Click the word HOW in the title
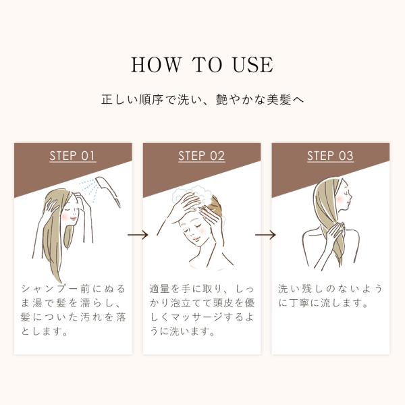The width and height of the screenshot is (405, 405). coord(156,65)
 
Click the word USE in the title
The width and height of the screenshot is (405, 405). coord(253,65)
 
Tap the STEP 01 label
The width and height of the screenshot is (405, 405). coord(73,156)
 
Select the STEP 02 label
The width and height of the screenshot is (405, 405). coord(201,156)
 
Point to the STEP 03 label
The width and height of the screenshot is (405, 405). coord(330,156)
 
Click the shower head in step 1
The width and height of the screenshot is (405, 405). coord(108,190)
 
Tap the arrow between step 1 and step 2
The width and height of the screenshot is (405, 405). coord(138,235)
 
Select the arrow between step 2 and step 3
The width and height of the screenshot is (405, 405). coord(265,235)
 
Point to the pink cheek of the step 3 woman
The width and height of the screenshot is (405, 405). coord(340,198)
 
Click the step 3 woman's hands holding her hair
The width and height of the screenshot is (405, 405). coord(335,233)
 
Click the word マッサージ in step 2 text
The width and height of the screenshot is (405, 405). coord(195,317)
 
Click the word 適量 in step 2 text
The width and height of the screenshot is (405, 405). coord(159,289)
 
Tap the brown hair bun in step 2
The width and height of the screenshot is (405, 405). coord(216,206)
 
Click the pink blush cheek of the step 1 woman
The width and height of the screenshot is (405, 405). coord(64,217)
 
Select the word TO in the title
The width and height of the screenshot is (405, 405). coord(207,65)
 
